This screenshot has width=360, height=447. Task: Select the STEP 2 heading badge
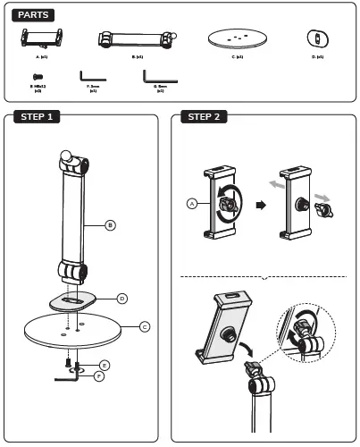(205, 117)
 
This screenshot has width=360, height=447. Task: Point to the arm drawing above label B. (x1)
(135, 39)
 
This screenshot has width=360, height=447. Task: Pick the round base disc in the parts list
(239, 38)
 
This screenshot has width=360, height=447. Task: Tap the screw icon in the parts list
(38, 78)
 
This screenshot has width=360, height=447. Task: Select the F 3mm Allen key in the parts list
(92, 77)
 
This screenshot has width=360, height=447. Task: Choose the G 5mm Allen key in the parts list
(157, 76)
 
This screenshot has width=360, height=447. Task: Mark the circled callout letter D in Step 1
(122, 298)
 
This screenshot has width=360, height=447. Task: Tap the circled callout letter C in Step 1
(145, 327)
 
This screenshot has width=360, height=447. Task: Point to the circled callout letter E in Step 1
(105, 366)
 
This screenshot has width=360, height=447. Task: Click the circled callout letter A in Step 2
(191, 204)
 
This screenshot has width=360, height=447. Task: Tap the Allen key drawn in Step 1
(70, 376)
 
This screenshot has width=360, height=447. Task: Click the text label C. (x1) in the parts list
(239, 56)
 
